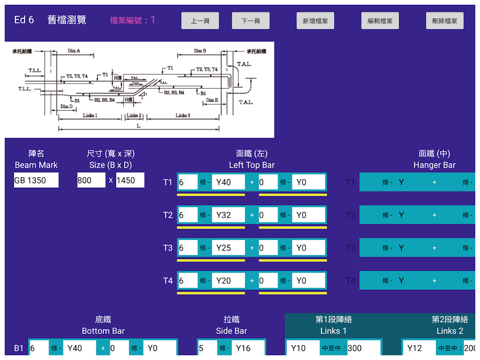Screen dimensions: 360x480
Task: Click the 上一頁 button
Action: pos(200,21)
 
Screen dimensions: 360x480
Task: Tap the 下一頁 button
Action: pos(251,21)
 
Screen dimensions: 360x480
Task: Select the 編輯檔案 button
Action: pos(380,21)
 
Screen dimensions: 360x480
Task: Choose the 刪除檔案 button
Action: pos(444,21)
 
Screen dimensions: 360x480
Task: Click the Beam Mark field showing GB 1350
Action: pos(36,180)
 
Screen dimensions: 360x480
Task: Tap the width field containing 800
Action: pos(91,180)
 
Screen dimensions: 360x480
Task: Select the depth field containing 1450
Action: pos(130,180)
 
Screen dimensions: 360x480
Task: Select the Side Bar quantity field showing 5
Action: pos(206,348)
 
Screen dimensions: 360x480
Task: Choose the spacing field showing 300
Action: pos(363,348)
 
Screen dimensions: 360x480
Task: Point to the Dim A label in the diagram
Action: pos(74,51)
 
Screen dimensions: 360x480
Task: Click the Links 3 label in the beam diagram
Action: pos(183,116)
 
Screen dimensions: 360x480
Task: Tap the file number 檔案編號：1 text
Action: pos(133,20)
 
